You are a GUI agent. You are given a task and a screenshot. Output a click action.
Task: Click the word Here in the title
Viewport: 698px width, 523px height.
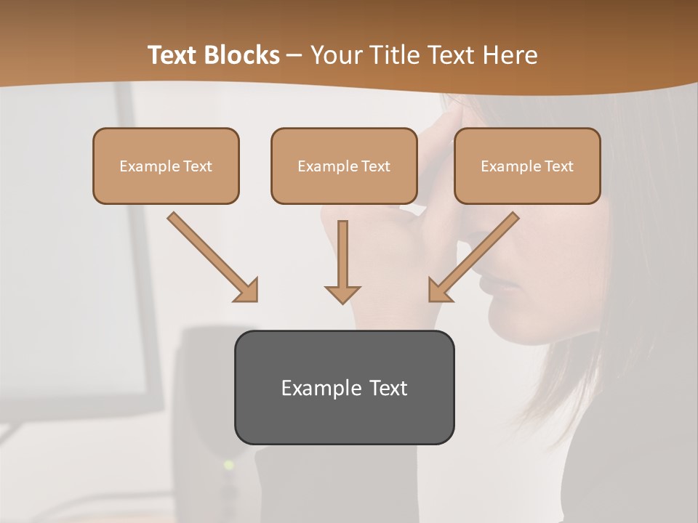[x=509, y=55]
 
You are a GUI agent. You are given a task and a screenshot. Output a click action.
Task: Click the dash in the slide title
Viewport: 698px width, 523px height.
[x=295, y=56]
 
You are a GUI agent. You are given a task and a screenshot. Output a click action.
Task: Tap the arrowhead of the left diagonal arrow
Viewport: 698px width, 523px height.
[x=247, y=291]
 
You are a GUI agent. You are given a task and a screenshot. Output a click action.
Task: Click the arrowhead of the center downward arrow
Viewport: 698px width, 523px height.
[x=342, y=294]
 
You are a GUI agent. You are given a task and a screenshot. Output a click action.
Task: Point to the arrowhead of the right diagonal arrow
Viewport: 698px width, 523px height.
[x=438, y=291]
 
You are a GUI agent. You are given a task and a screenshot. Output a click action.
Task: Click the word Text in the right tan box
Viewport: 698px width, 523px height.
[x=558, y=166]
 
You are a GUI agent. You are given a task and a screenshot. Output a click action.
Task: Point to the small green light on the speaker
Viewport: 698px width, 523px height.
[x=228, y=464]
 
